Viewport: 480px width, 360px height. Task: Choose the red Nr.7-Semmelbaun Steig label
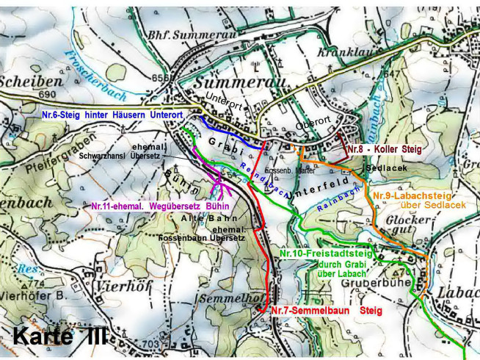click(x=326, y=311)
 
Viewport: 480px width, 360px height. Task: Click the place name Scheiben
click(x=22, y=82)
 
